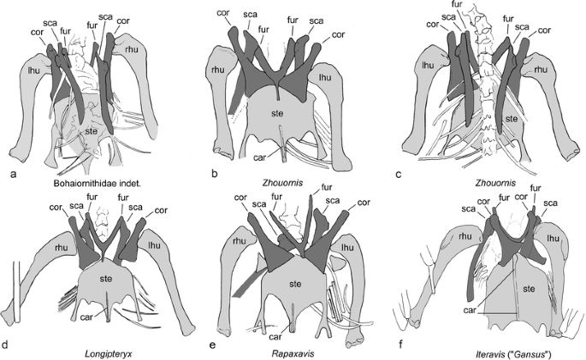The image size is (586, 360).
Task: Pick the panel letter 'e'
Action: [201, 345]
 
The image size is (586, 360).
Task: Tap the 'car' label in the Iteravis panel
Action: [470, 302]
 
